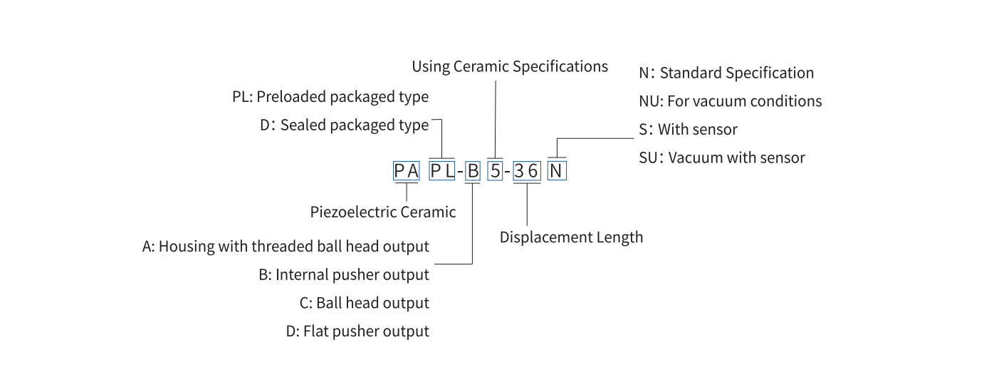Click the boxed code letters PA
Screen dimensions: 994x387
coord(406,171)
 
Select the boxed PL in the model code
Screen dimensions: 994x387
coord(442,171)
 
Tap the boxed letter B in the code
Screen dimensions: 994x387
coord(473,171)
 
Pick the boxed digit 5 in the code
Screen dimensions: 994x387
coord(496,171)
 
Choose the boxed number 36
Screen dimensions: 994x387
coord(527,171)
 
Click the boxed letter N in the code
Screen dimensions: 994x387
coord(557,171)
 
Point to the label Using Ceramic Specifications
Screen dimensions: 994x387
coord(510,67)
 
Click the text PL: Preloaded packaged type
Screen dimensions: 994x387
coord(330,97)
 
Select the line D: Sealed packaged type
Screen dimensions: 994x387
coord(345,125)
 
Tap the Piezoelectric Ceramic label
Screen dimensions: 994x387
coord(383,212)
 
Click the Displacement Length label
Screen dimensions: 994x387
coord(571,237)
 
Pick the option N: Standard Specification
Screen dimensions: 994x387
coord(726,73)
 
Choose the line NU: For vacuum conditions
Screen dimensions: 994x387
coord(731,101)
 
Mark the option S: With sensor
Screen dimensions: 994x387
coord(689,130)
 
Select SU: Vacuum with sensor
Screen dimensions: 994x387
coord(722,158)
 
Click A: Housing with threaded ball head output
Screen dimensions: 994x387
coord(286,247)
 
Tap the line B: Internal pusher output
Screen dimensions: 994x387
coord(344,275)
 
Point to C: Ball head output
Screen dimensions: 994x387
coord(365,303)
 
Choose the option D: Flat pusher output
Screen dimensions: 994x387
coord(357,331)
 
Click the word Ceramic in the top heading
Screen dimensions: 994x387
coord(481,67)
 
